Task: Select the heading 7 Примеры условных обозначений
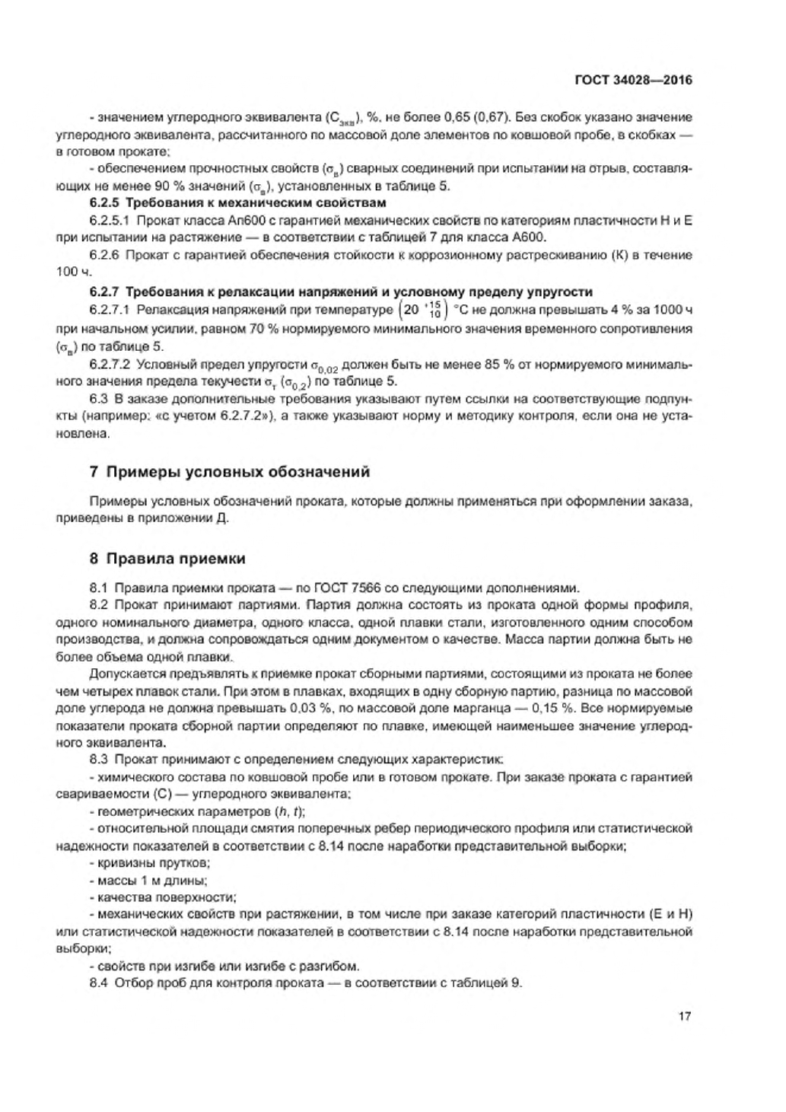click(230, 472)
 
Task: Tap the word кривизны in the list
click(127, 862)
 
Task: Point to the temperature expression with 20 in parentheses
click(419, 311)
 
